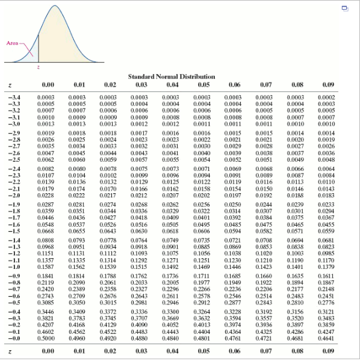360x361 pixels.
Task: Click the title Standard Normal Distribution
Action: click(x=171, y=77)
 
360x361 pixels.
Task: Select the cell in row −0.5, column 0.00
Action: click(x=46, y=303)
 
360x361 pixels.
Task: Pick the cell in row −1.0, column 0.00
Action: click(x=46, y=265)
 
